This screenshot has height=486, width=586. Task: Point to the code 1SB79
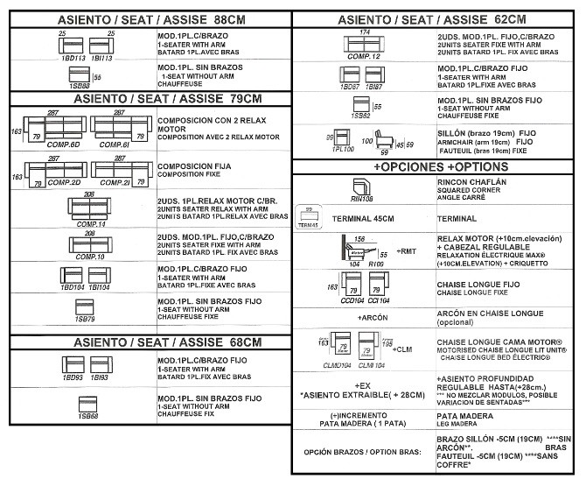[85, 320]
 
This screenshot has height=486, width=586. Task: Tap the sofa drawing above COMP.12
[363, 44]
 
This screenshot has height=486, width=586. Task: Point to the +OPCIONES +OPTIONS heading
[435, 166]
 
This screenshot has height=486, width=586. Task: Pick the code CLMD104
[336, 365]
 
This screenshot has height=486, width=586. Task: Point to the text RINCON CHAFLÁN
[471, 181]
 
